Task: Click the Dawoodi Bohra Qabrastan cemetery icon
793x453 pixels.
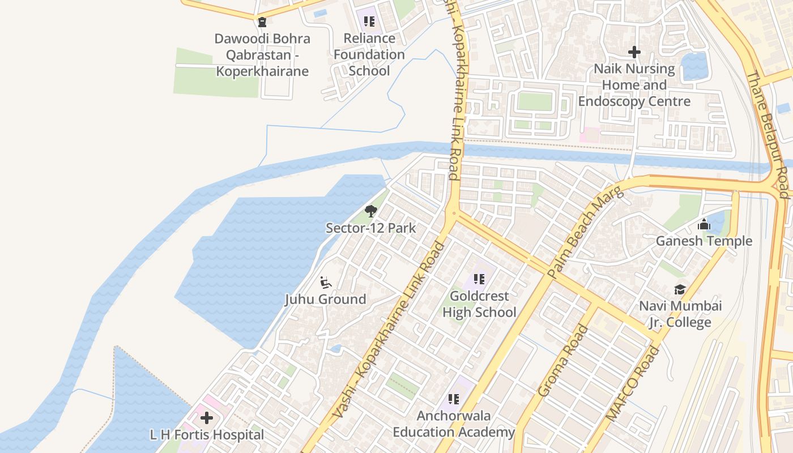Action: tap(262, 22)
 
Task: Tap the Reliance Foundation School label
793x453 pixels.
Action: tap(369, 54)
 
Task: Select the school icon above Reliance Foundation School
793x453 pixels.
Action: tap(369, 22)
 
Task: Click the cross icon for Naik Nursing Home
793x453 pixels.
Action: tap(634, 52)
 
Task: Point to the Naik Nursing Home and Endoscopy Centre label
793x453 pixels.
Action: tap(634, 85)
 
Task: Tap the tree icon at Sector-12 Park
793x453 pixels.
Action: tap(371, 212)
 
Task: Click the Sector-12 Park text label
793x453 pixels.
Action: tap(371, 228)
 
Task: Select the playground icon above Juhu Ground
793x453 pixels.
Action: tap(325, 282)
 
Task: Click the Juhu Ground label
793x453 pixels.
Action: tap(325, 299)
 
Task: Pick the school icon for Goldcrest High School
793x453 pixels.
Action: tap(479, 279)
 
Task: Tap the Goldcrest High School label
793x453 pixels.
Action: tap(479, 304)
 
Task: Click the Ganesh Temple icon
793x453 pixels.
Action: tap(704, 225)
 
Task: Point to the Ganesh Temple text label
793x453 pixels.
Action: tap(704, 241)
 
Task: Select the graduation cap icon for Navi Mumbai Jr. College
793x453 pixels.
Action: tap(680, 290)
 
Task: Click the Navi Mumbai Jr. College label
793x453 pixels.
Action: tap(680, 314)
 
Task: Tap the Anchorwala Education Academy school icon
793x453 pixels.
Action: tap(453, 400)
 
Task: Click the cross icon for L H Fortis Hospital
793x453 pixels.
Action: tap(207, 418)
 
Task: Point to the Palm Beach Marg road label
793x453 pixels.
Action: tap(586, 232)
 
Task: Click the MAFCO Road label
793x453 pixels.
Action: tap(633, 383)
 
